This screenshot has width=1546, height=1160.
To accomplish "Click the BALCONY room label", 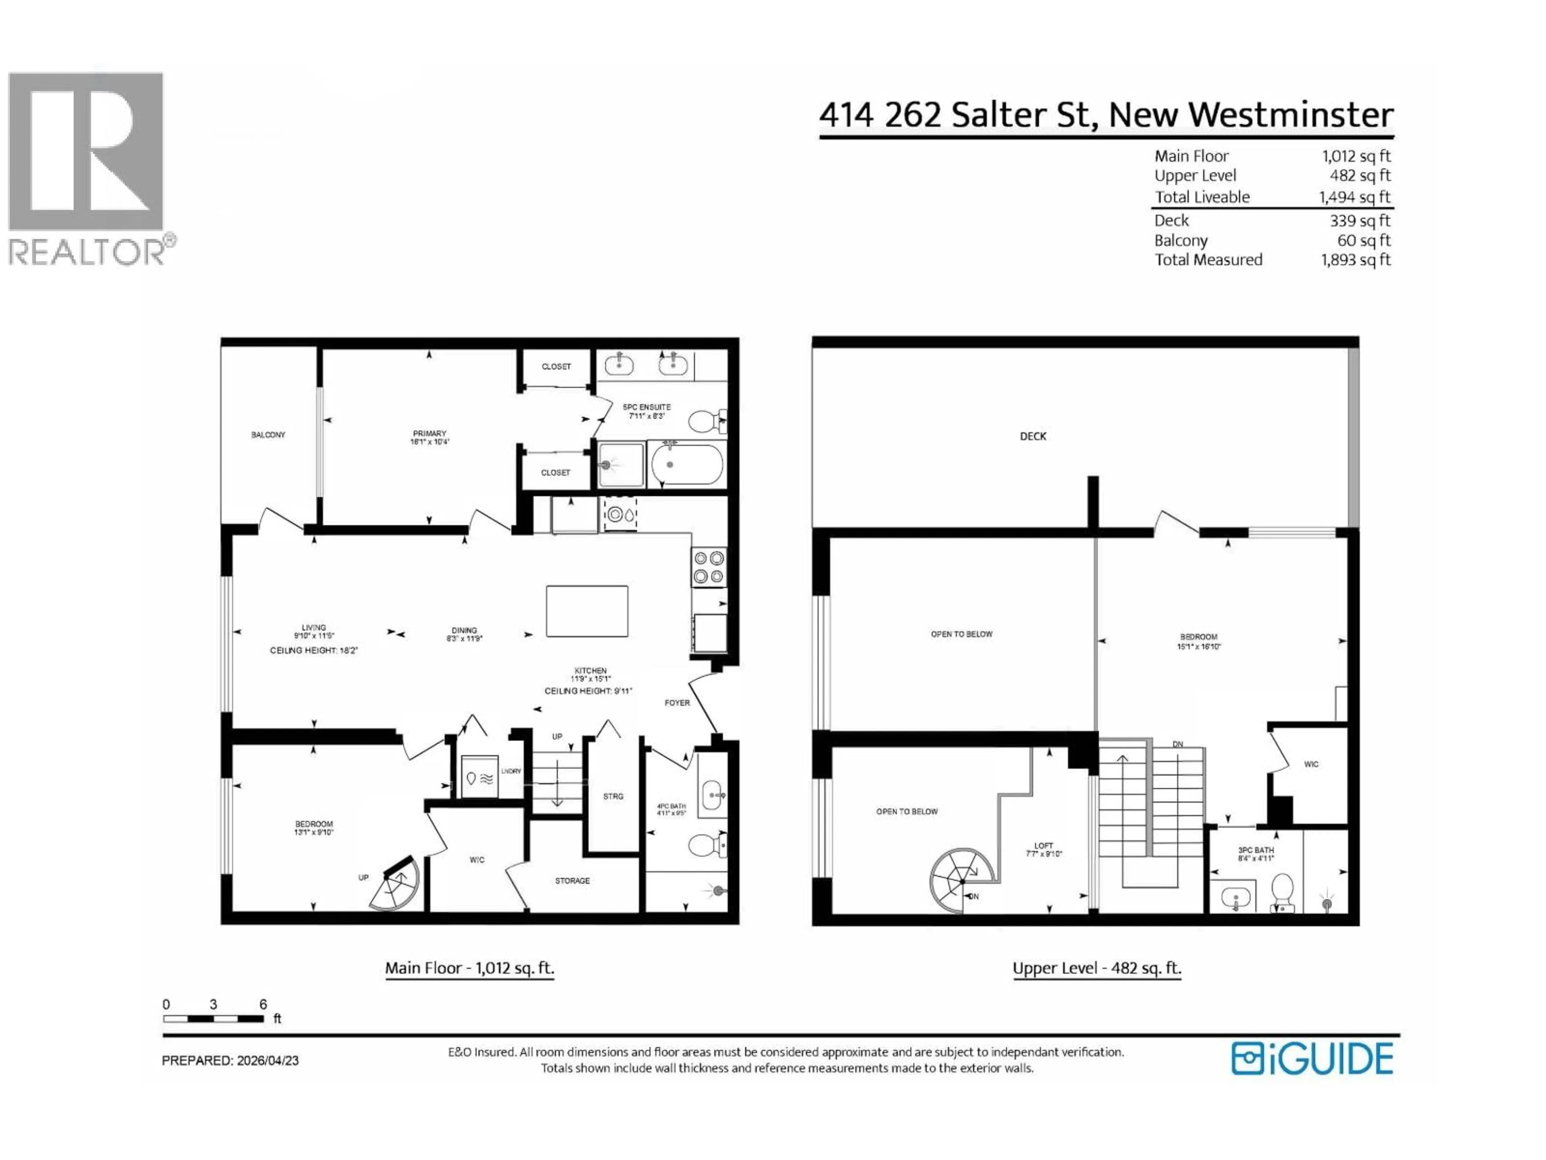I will click(269, 435).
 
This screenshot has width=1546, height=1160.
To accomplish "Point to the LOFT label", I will click(1044, 845).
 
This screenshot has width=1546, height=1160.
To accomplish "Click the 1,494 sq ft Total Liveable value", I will click(1354, 198).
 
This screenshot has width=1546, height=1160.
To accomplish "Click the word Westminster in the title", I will click(1250, 115).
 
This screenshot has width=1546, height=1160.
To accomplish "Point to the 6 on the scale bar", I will click(263, 1004).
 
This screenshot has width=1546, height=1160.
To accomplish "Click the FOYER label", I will click(676, 703).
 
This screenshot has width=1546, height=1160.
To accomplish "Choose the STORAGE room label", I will click(573, 881).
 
